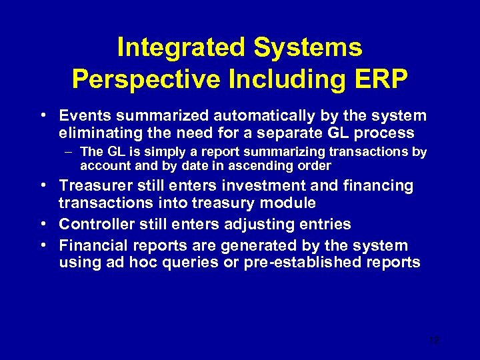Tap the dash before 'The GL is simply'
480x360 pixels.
point(71,152)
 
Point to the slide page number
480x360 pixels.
point(435,340)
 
